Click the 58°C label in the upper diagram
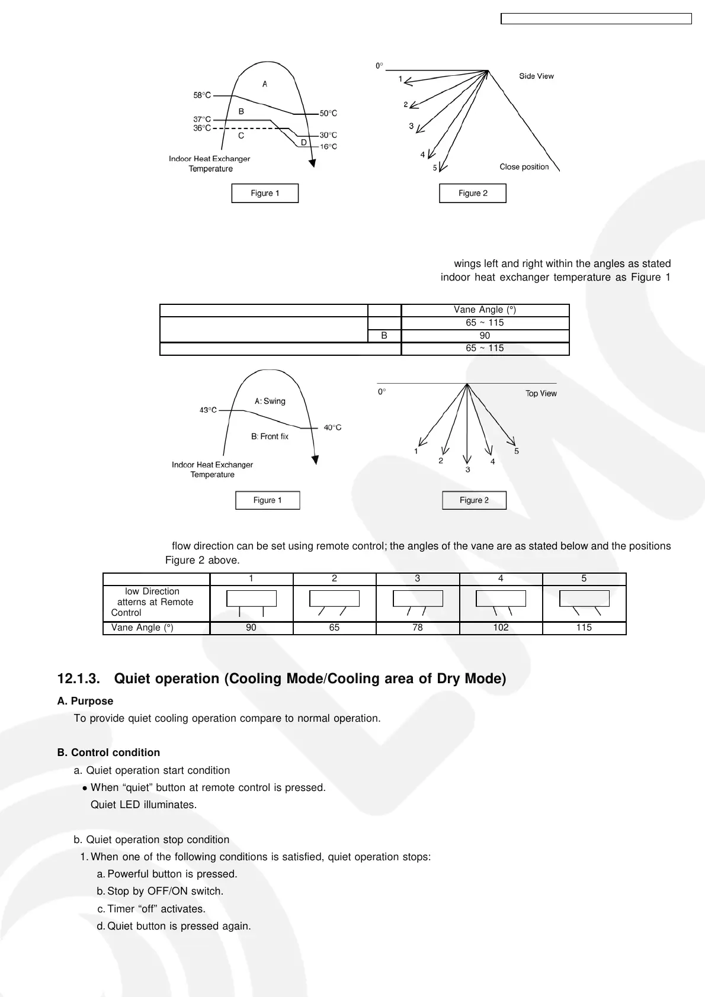[202, 95]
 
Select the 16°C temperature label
[328, 146]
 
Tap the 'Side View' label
[536, 76]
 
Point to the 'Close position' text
[524, 167]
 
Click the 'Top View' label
[541, 393]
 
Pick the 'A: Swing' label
[270, 401]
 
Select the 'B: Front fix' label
[270, 436]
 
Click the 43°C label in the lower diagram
[208, 410]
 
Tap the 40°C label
[332, 427]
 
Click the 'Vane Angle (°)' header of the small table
[485, 310]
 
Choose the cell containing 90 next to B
[485, 335]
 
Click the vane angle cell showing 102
[501, 628]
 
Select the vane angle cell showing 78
[418, 628]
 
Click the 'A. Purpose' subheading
[85, 701]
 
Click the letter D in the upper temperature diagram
[304, 142]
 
